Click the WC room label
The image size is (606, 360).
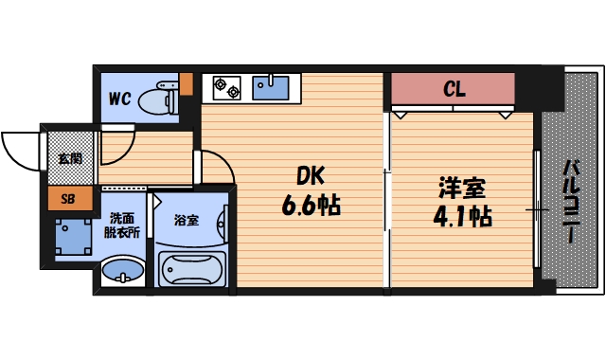119,98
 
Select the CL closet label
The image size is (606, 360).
454,91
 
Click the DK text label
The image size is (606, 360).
312,177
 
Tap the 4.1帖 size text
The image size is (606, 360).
462,215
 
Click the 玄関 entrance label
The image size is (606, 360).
69,157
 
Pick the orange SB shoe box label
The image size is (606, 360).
69,199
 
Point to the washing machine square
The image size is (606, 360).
74,237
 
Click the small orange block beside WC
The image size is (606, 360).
186,83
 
